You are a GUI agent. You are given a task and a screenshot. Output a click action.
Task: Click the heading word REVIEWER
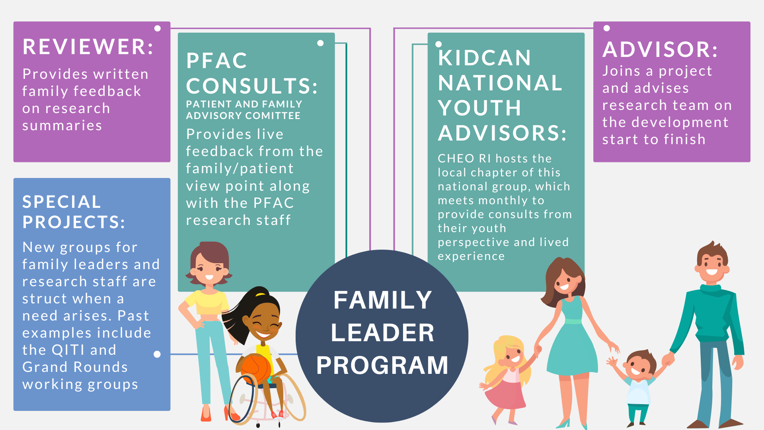88,47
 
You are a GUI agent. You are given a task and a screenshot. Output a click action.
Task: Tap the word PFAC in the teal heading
217,61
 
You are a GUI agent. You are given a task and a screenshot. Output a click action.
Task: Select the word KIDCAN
484,58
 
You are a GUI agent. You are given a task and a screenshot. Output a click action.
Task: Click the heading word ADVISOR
660,49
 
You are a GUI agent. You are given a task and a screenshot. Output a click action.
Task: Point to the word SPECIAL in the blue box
62,202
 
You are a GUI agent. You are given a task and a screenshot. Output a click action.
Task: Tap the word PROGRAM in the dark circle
382,365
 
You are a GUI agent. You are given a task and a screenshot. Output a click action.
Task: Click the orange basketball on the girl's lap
255,368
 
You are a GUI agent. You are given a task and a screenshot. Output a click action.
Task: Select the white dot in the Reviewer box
158,28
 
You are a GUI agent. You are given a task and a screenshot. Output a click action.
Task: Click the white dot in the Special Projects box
157,354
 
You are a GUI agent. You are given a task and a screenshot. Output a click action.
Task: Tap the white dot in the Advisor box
607,28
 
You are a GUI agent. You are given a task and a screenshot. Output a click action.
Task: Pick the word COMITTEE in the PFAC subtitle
278,116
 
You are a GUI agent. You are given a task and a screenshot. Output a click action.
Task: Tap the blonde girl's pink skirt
507,394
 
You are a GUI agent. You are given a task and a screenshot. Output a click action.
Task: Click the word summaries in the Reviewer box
62,125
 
